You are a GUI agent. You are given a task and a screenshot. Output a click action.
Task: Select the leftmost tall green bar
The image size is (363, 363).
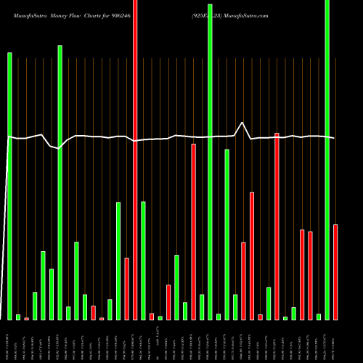point(10,181)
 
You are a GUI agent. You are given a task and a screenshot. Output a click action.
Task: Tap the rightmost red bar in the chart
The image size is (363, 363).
point(335,272)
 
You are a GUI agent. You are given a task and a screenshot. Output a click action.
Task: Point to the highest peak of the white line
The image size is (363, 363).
point(242,123)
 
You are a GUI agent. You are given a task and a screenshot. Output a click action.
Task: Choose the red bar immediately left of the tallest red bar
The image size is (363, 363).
point(126,288)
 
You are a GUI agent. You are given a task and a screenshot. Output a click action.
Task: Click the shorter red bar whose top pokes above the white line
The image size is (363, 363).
point(277,225)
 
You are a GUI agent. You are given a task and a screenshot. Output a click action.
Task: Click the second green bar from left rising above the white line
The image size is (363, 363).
point(60,181)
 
